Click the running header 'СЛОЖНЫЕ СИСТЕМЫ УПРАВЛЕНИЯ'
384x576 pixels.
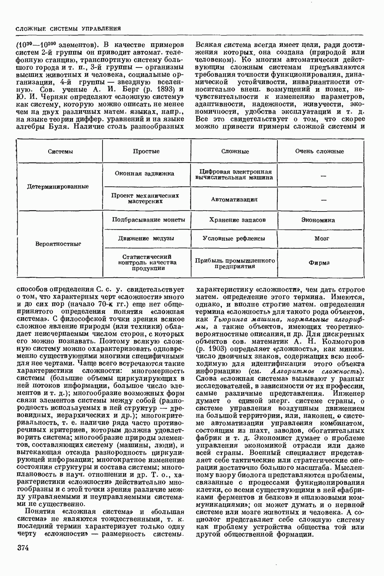(x=67, y=29)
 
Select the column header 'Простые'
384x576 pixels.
(x=146, y=151)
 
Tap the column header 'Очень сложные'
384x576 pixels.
(x=319, y=151)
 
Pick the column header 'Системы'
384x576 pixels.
(x=60, y=151)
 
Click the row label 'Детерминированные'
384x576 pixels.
(x=58, y=186)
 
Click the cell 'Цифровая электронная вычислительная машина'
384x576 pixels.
(x=235, y=175)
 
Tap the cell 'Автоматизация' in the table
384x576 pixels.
(x=234, y=200)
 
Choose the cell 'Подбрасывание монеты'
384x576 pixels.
(x=149, y=220)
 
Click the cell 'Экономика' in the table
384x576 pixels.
(x=318, y=220)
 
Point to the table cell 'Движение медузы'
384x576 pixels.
(x=146, y=238)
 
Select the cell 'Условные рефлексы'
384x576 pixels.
(x=234, y=238)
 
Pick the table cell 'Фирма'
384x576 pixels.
(x=319, y=262)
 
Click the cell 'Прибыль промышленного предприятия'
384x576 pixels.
(x=235, y=263)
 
